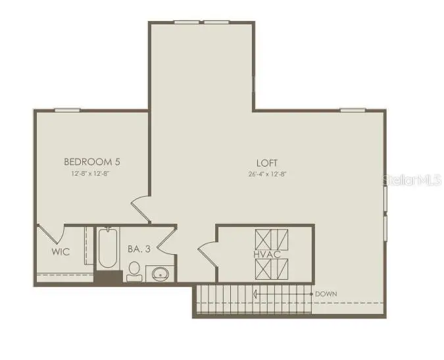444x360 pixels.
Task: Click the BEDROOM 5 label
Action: click(x=91, y=161)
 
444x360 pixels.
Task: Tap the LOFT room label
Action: click(x=267, y=163)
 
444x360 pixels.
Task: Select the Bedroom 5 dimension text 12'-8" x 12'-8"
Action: click(x=91, y=174)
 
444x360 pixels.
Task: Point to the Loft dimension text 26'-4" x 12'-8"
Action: click(x=267, y=174)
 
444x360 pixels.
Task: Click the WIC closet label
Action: click(x=61, y=252)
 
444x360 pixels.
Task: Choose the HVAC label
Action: click(x=266, y=254)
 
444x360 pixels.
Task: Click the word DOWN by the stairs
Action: click(x=326, y=294)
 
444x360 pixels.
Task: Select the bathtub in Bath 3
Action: click(x=108, y=249)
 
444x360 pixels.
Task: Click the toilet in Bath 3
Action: click(x=134, y=270)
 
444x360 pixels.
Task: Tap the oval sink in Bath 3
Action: click(x=160, y=273)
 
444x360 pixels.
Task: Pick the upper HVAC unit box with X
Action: click(x=272, y=238)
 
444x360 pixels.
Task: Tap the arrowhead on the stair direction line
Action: click(x=257, y=294)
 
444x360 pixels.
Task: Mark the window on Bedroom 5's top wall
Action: click(x=67, y=110)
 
